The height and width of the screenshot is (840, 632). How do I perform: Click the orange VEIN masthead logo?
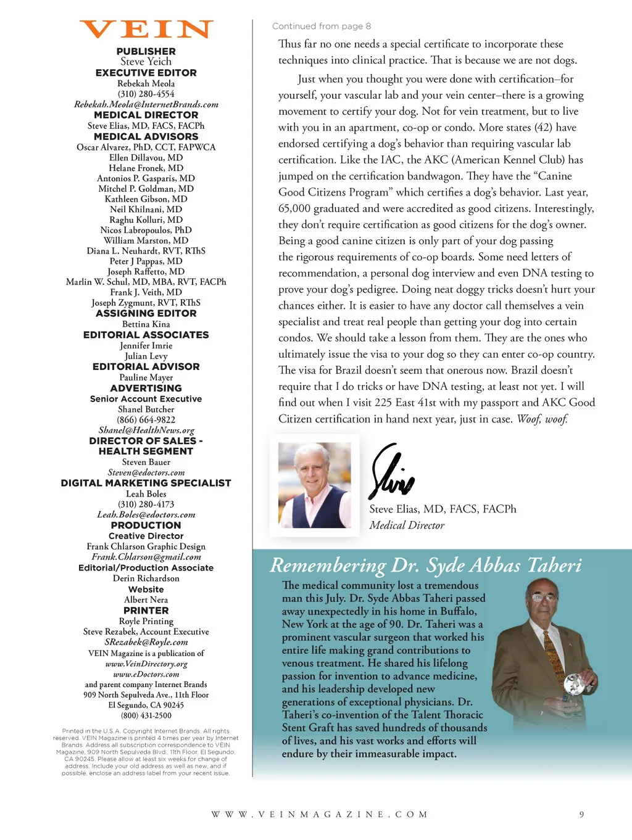[146, 30]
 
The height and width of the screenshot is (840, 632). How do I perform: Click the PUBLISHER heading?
[146, 51]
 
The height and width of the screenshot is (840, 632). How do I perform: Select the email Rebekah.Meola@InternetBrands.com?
[146, 104]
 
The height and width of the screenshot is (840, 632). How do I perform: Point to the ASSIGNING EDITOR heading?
[146, 313]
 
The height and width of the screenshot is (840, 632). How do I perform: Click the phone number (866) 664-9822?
[146, 419]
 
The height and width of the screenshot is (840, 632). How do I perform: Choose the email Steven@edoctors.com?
[146, 472]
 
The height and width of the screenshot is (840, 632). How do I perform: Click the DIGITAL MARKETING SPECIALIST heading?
[146, 483]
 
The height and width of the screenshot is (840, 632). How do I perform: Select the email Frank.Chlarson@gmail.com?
[146, 557]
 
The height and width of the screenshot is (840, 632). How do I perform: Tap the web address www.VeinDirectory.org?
[146, 664]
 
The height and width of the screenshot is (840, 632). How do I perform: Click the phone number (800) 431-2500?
[146, 715]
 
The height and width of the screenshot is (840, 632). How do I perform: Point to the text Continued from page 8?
[322, 26]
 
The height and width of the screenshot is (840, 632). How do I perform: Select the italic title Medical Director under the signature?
[407, 525]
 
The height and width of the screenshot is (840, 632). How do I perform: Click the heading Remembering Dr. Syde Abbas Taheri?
[426, 565]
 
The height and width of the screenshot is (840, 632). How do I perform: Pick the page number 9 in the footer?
[581, 814]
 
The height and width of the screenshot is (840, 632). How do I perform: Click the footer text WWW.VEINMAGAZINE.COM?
[320, 814]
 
